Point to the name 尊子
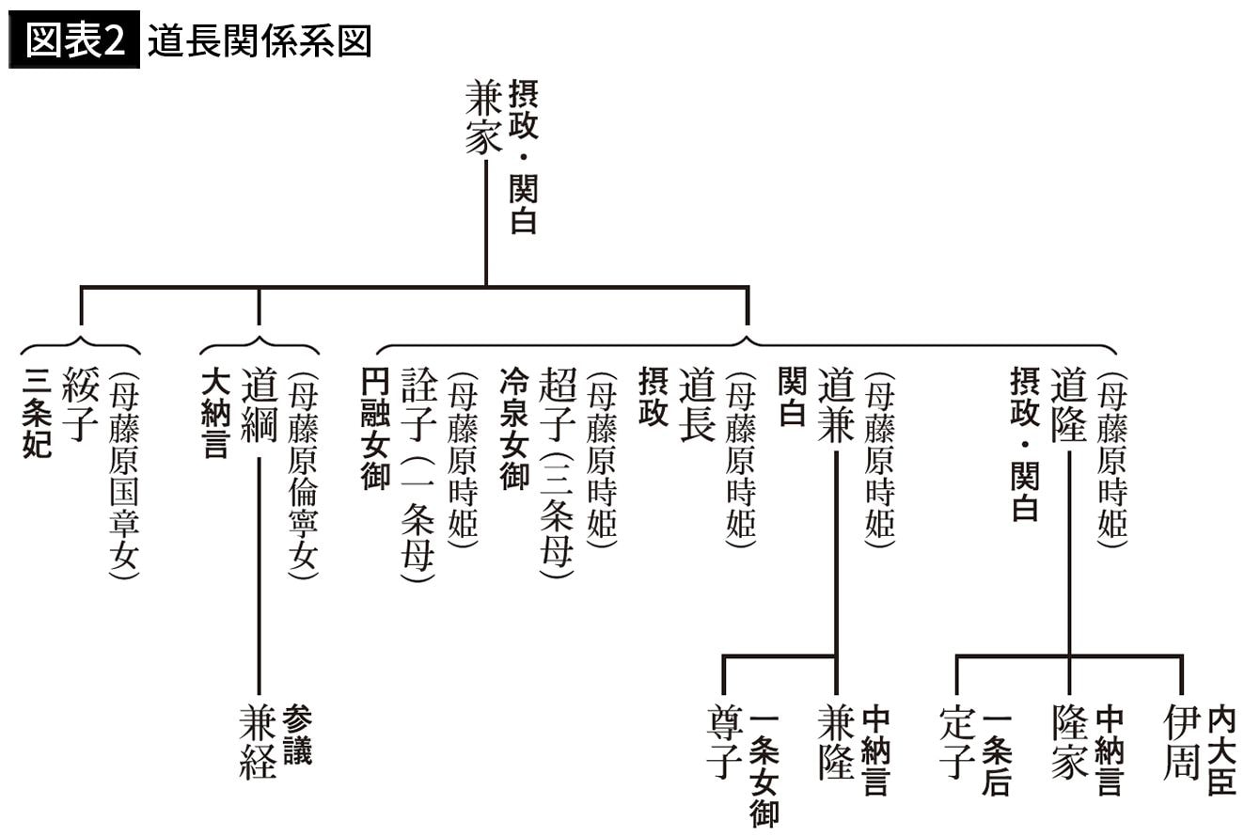tap(723, 743)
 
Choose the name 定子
tap(956, 743)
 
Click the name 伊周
tap(1181, 743)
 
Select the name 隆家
tap(1069, 743)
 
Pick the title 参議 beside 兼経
tap(297, 734)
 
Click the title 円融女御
tap(375, 428)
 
